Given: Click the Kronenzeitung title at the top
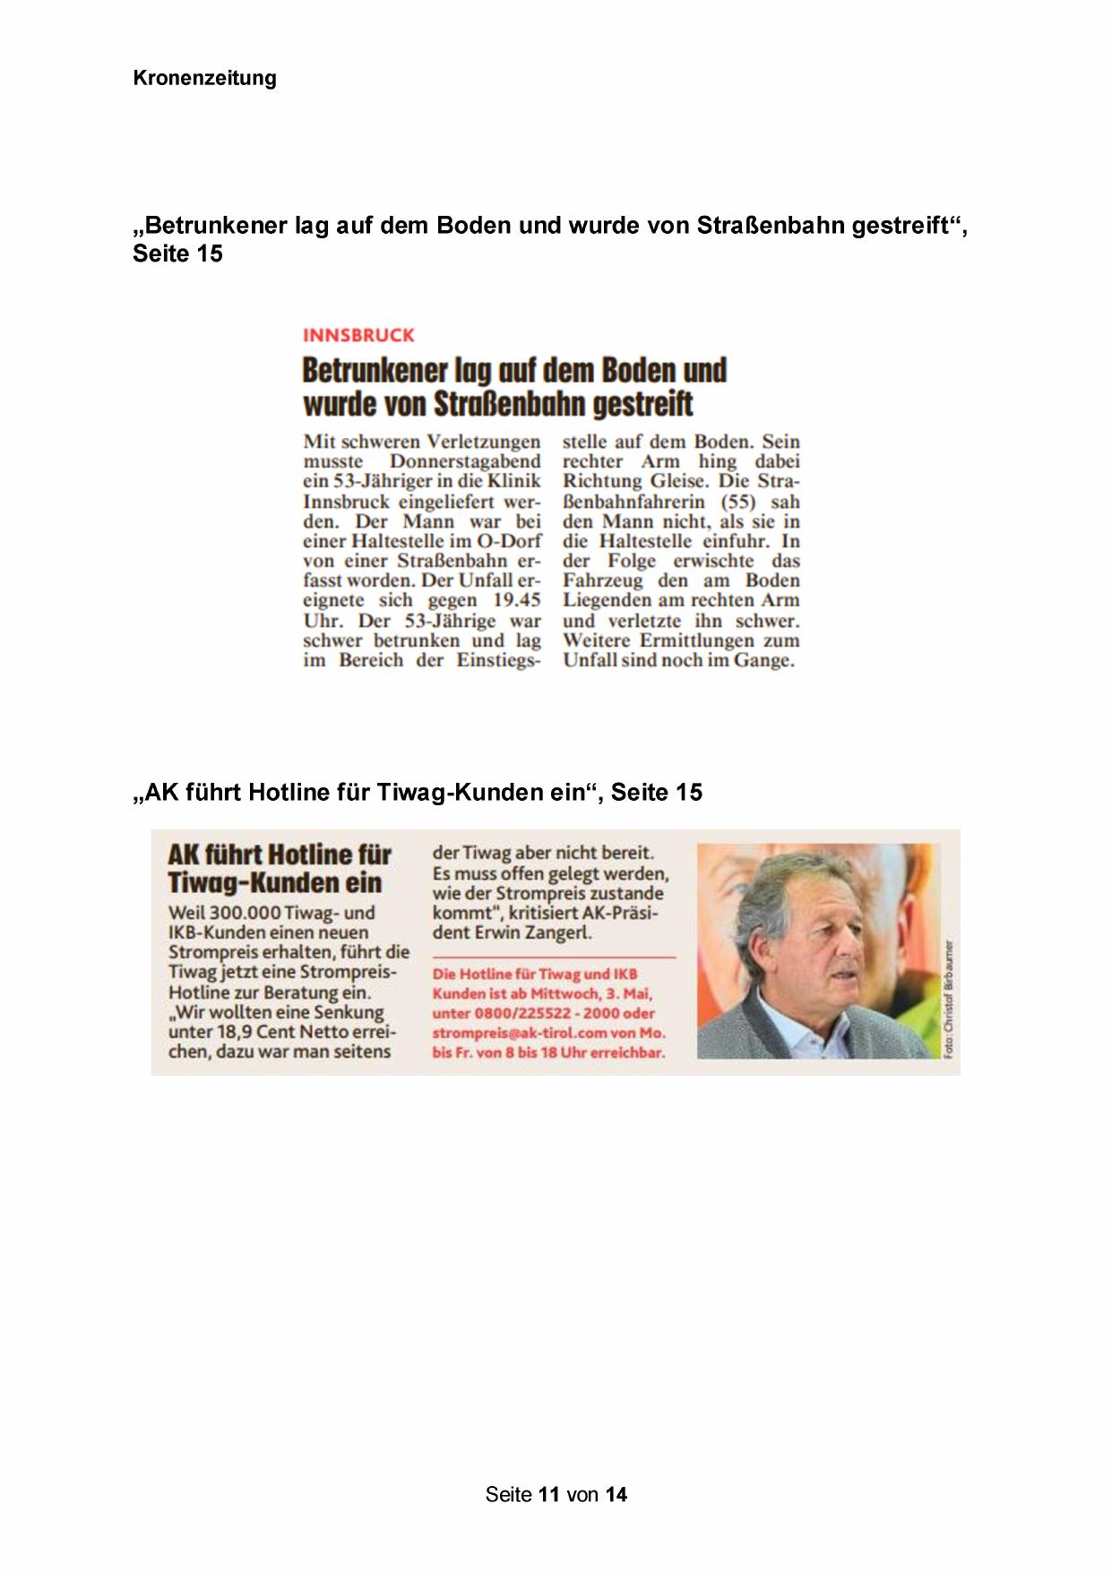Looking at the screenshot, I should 204,78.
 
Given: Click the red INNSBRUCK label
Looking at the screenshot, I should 358,336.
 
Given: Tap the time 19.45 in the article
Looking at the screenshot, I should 517,600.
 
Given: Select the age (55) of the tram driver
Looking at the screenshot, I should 738,502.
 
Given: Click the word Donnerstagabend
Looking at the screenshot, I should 465,462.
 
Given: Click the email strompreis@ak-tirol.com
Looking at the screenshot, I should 520,1033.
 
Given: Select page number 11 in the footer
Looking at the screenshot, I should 549,1494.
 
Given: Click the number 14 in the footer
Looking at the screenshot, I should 616,1494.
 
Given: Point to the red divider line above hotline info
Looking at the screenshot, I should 553,958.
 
